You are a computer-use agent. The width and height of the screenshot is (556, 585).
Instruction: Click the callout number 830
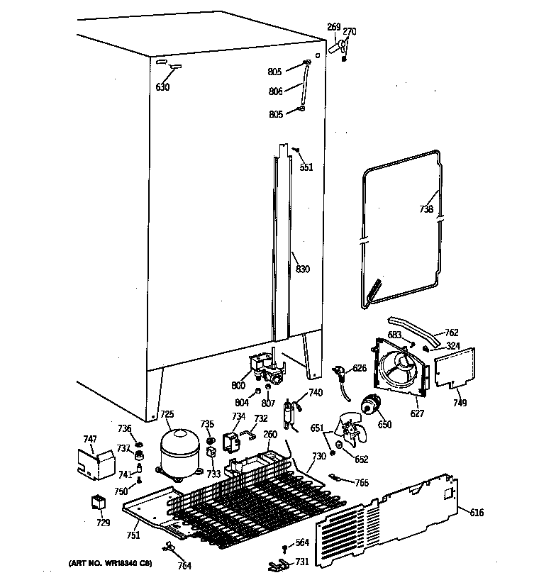pos(303,269)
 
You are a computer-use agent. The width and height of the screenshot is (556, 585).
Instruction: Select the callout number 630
pos(162,87)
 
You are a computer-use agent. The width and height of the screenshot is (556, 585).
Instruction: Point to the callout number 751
pos(133,535)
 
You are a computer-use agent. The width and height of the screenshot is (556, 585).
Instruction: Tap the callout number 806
pos(276,91)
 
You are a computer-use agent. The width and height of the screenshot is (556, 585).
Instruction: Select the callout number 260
pos(269,435)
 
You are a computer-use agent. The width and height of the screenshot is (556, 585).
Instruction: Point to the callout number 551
pos(306,167)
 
